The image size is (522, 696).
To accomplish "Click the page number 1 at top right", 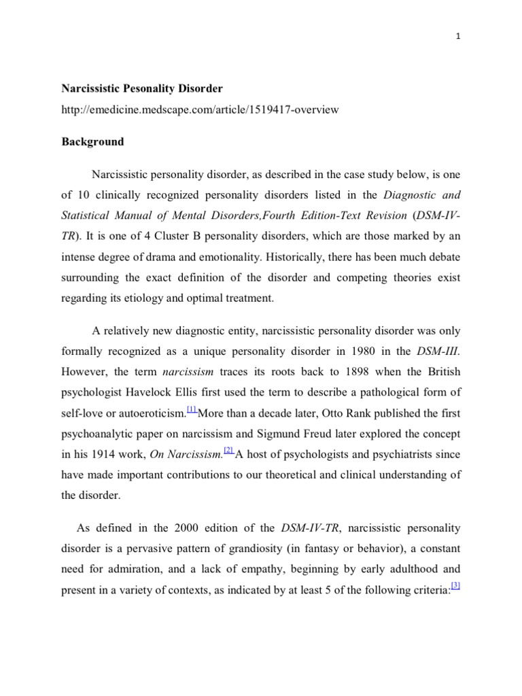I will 458,38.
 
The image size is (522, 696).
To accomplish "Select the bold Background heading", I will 93,142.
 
